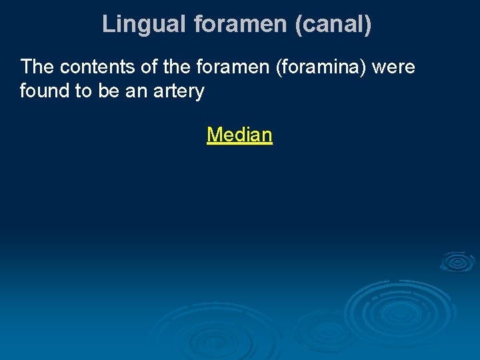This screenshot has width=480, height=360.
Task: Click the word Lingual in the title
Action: click(x=144, y=25)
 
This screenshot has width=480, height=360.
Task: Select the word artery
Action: click(x=179, y=91)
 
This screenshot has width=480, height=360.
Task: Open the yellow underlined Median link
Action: click(x=239, y=135)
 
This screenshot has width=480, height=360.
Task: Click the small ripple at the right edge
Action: click(x=457, y=262)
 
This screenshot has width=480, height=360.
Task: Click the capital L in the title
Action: click(x=108, y=25)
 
